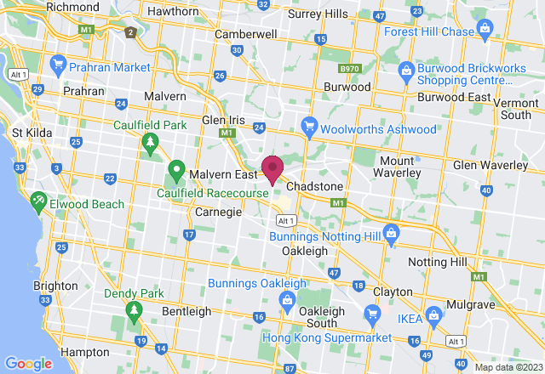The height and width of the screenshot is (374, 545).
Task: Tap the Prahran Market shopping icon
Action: [x=58, y=65]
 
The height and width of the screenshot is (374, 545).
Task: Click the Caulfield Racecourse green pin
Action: [x=177, y=170]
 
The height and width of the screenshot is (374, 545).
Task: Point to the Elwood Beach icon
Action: [x=38, y=203]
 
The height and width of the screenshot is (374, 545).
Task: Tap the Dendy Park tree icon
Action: [x=134, y=313]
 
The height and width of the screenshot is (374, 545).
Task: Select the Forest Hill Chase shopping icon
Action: [x=485, y=31]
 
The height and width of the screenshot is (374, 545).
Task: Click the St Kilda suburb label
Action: [x=32, y=133]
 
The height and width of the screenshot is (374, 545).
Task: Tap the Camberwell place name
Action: [x=246, y=34]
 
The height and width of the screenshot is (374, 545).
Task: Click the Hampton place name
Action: [x=83, y=352]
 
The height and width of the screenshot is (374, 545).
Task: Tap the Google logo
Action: [x=28, y=363]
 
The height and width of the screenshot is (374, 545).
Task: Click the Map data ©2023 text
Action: [x=508, y=368]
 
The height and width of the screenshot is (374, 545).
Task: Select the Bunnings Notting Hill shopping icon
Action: [x=391, y=231]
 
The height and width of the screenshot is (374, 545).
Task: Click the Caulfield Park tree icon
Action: [x=150, y=141]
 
